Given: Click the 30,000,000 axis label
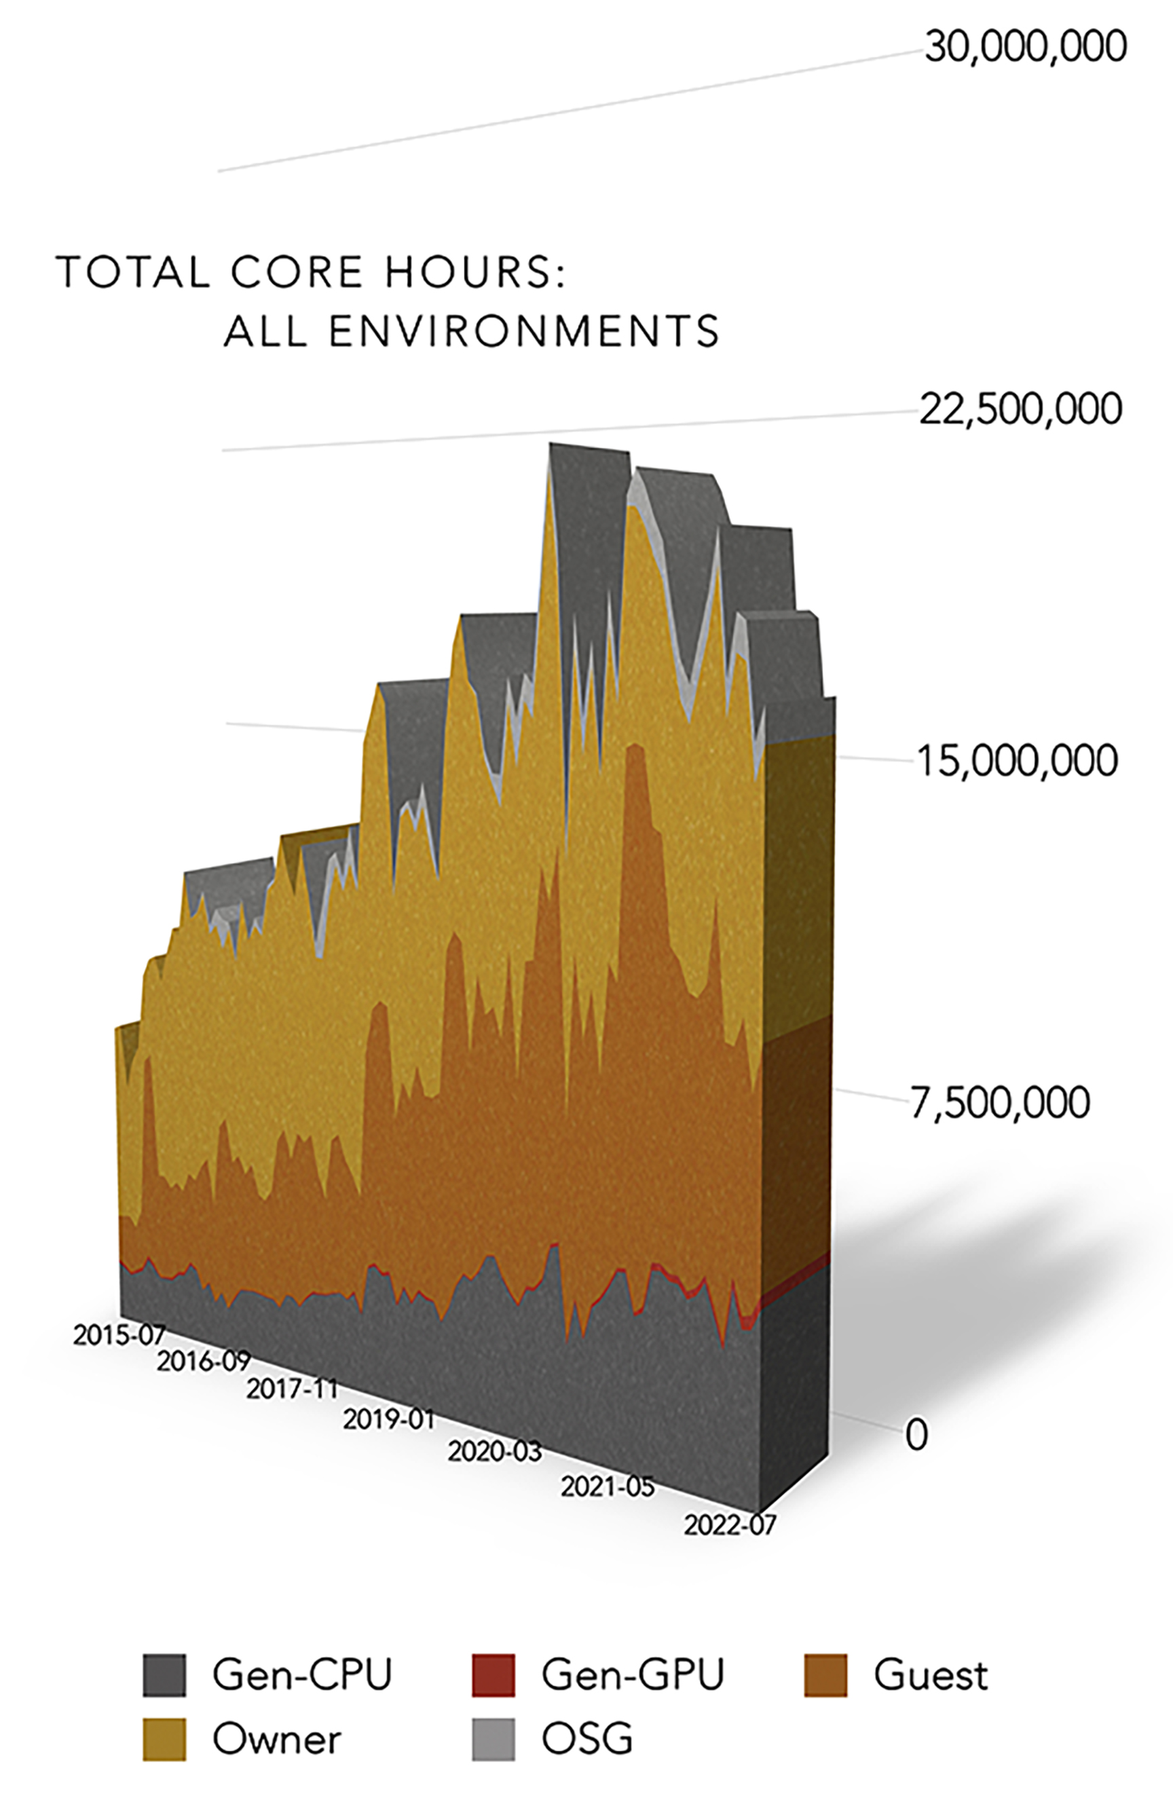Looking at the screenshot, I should point(1025,46).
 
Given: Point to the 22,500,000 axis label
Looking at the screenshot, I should point(1020,409).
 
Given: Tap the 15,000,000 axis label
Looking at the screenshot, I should point(1016,760).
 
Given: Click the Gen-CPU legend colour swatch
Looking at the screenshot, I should point(164,1676).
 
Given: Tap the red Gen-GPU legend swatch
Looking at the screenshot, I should point(493,1676).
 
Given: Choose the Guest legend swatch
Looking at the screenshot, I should point(825,1676).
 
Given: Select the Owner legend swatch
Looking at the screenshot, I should point(164,1740).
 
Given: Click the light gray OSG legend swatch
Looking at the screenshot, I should point(493,1740).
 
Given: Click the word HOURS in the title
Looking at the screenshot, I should point(475,271).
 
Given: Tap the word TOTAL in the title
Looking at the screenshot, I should point(133,271).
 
